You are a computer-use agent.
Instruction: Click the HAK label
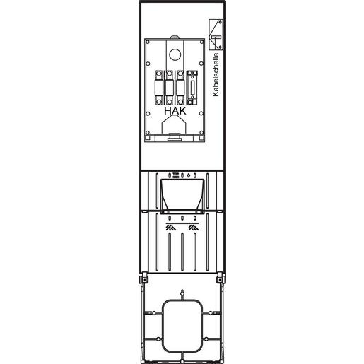pyautogui.click(x=175, y=111)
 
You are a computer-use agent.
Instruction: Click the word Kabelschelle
pyautogui.click(x=216, y=74)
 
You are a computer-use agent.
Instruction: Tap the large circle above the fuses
pyautogui.click(x=175, y=54)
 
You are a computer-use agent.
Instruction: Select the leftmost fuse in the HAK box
pyautogui.click(x=159, y=88)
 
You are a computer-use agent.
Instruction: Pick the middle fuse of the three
pyautogui.click(x=170, y=88)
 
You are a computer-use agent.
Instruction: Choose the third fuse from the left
pyautogui.click(x=180, y=88)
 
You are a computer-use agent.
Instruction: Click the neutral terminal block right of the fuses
pyautogui.click(x=192, y=88)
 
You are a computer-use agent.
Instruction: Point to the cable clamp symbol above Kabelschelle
pyautogui.click(x=216, y=35)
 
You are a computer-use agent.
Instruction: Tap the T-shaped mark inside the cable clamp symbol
pyautogui.click(x=216, y=37)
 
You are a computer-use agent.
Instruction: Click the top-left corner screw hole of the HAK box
pyautogui.click(x=148, y=42)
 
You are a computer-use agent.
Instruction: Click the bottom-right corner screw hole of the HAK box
pyautogui.click(x=201, y=132)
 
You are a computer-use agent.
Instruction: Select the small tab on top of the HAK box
pyautogui.click(x=175, y=37)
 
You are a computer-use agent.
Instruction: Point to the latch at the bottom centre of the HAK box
pyautogui.click(x=175, y=137)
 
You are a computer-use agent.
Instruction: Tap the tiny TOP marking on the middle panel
pyautogui.click(x=175, y=175)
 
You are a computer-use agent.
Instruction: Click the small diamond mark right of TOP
pyautogui.click(x=188, y=175)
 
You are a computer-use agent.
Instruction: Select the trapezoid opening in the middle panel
pyautogui.click(x=182, y=196)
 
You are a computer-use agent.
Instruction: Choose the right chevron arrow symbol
pyautogui.click(x=194, y=228)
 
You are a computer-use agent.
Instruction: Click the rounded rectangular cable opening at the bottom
pyautogui.click(x=182, y=326)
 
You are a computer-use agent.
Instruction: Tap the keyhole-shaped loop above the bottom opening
pyautogui.click(x=182, y=295)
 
